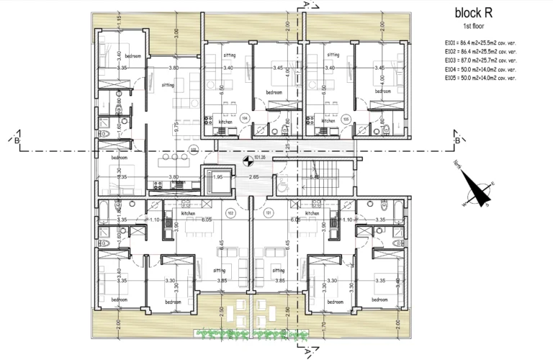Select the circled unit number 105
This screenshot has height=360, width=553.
(346, 117)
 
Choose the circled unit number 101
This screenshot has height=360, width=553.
(268, 212)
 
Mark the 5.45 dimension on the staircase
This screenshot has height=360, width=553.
(314, 176)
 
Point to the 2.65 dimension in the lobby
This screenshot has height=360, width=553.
(253, 176)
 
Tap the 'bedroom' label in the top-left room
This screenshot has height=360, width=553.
(132, 55)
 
